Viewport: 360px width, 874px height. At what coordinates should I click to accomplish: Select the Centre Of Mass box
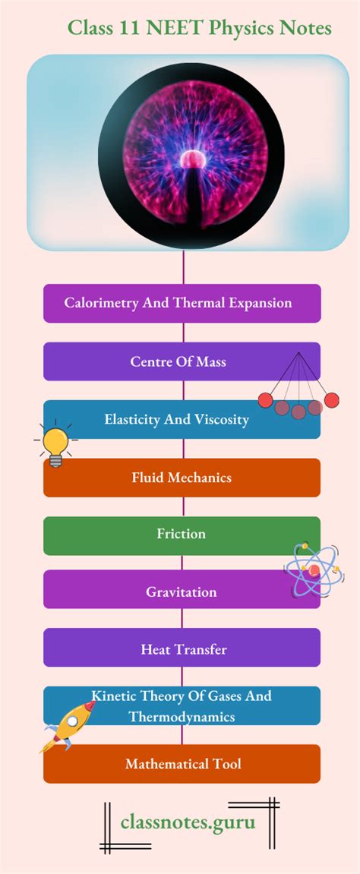pyautogui.click(x=182, y=361)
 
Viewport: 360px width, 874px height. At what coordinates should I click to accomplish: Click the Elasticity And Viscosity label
pyautogui.click(x=177, y=419)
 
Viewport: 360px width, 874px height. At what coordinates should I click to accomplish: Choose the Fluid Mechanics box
pyautogui.click(x=182, y=478)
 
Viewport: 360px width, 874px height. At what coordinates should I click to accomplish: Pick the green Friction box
pyautogui.click(x=182, y=535)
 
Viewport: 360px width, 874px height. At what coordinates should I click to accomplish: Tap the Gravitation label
pyautogui.click(x=181, y=592)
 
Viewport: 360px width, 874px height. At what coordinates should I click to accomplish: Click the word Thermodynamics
pyautogui.click(x=182, y=717)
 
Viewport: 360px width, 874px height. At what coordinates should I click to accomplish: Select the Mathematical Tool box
pyautogui.click(x=182, y=764)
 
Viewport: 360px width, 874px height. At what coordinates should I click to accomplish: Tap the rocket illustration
pyautogui.click(x=68, y=726)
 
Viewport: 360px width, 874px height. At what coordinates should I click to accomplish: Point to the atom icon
pyautogui.click(x=313, y=570)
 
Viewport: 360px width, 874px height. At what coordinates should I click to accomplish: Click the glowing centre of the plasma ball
pyautogui.click(x=193, y=160)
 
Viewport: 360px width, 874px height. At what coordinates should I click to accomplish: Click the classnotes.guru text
pyautogui.click(x=188, y=822)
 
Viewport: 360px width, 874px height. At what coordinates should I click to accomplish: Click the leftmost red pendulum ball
pyautogui.click(x=265, y=400)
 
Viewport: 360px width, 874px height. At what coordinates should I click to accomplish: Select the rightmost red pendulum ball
pyautogui.click(x=332, y=400)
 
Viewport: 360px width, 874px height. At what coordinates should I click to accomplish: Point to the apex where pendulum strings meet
pyautogui.click(x=298, y=353)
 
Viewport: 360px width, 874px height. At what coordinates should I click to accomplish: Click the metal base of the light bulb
pyautogui.click(x=55, y=460)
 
